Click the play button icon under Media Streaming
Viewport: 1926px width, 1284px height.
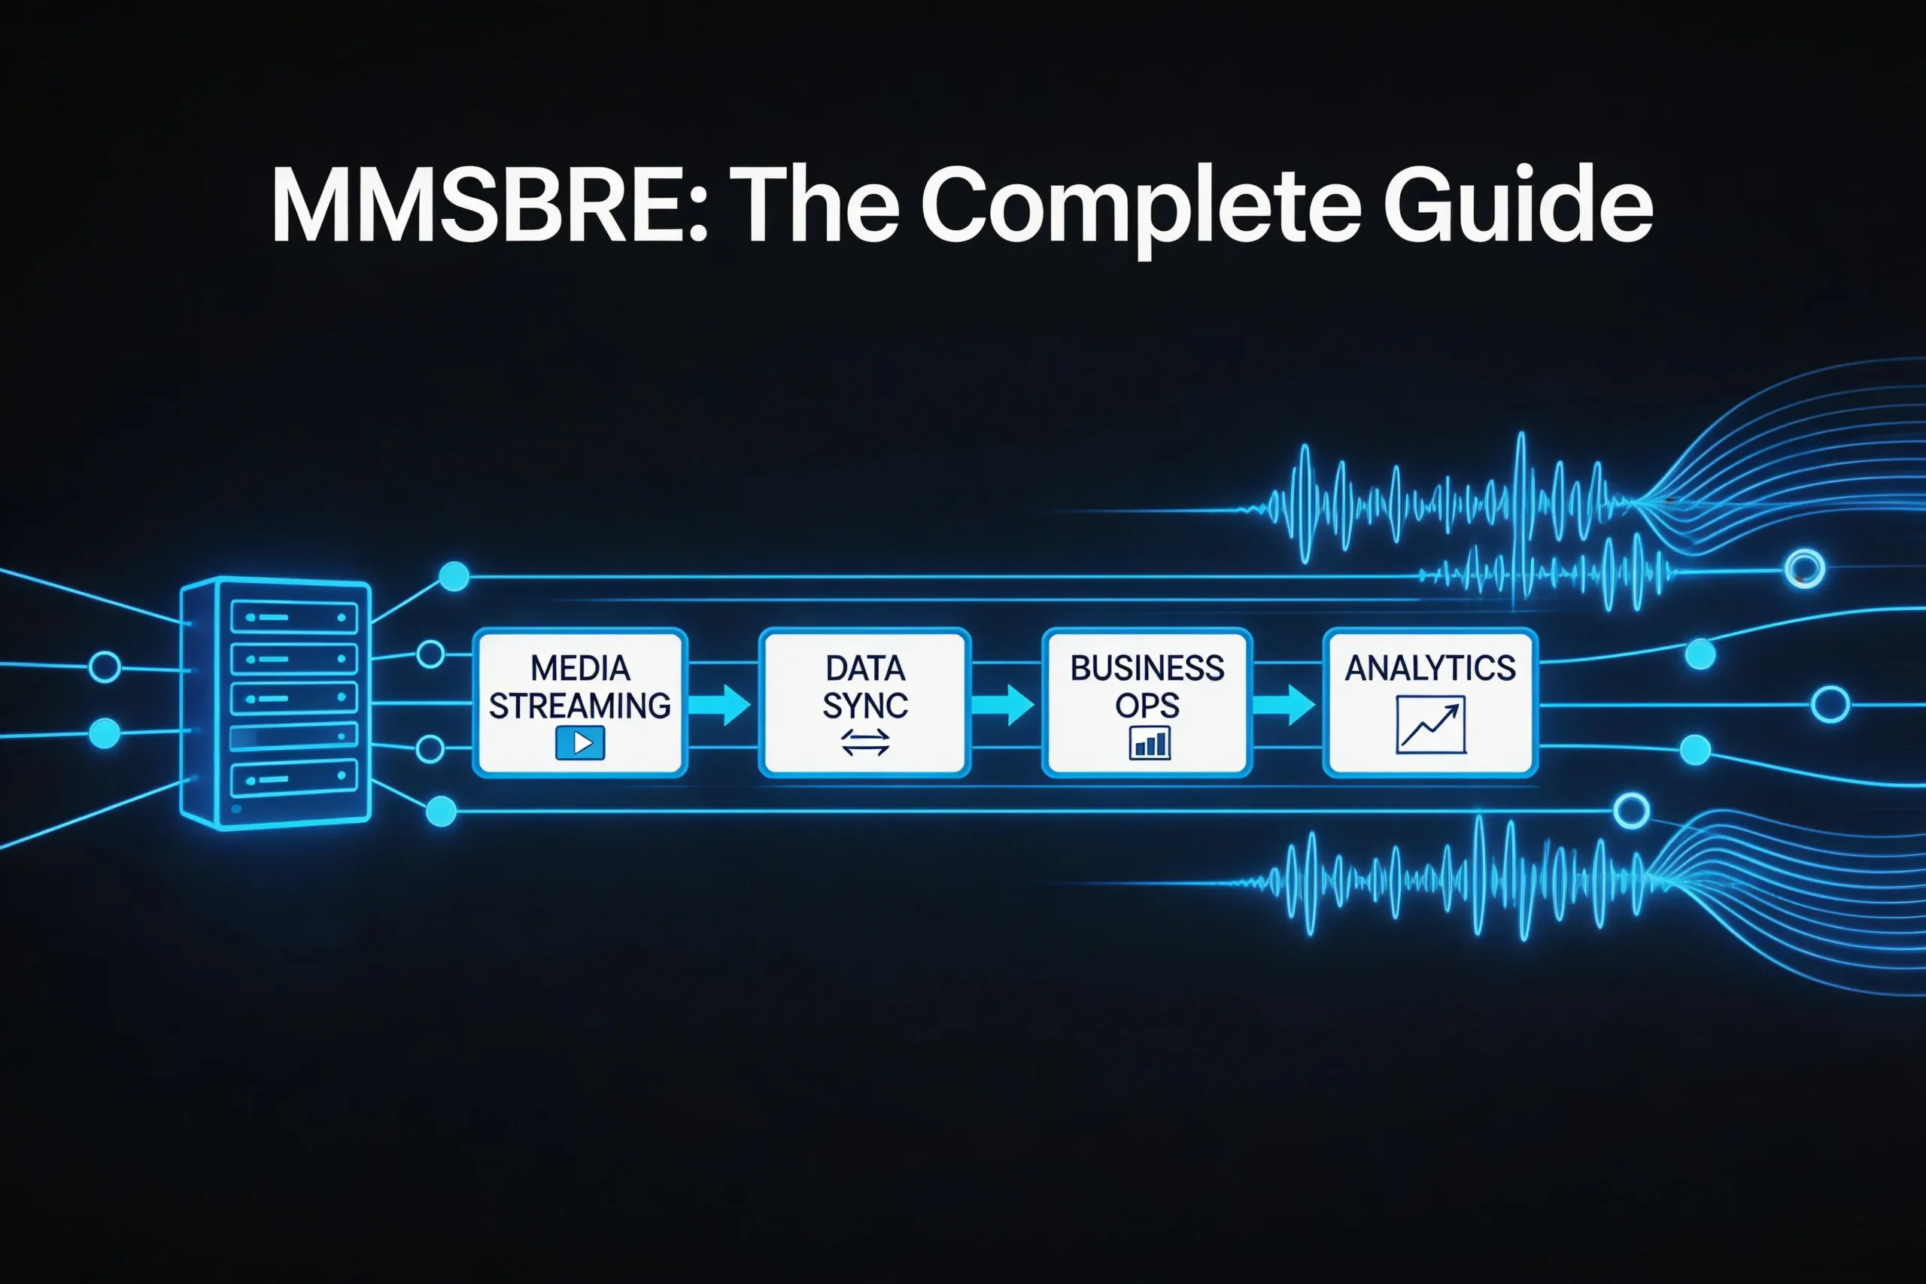pos(580,742)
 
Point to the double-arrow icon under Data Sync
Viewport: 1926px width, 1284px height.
pos(864,742)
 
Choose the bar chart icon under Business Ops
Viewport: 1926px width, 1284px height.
pos(1149,743)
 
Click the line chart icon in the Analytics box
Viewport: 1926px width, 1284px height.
pos(1430,724)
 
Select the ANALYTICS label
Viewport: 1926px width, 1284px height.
pos(1429,668)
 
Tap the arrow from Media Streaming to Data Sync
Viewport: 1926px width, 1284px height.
pos(719,704)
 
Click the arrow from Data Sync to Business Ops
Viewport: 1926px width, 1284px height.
pos(1002,704)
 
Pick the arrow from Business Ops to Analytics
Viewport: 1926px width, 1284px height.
pos(1284,704)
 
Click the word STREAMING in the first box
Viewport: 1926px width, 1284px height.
pos(580,706)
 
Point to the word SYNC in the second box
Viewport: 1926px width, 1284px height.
pos(864,706)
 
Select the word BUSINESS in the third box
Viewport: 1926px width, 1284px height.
pos(1147,668)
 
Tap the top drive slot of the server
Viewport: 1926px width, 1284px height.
pos(294,617)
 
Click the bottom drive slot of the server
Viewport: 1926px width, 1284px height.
pos(294,778)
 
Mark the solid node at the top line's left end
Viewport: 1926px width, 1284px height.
pos(454,576)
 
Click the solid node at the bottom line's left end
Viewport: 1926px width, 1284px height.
pos(442,812)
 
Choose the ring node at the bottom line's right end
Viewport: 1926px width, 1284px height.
pos(1631,811)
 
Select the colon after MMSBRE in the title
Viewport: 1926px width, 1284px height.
pos(697,214)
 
